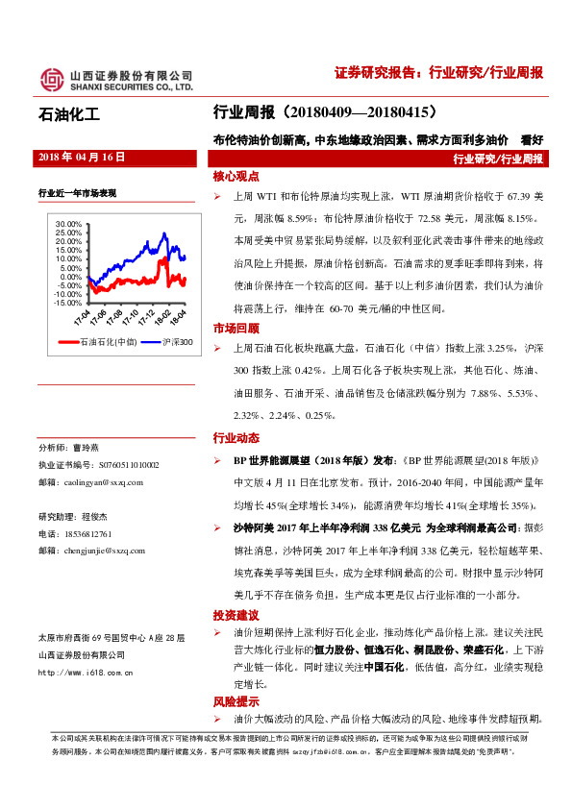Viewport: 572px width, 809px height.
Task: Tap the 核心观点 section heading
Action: click(x=237, y=178)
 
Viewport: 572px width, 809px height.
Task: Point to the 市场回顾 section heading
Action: click(x=237, y=328)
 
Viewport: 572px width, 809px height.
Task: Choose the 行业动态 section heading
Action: click(x=237, y=438)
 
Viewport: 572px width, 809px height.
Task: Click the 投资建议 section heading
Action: click(x=237, y=615)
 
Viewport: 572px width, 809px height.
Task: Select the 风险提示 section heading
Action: click(x=237, y=701)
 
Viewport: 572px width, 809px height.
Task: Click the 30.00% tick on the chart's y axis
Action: click(x=69, y=224)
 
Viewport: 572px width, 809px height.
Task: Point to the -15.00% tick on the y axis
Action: click(x=68, y=302)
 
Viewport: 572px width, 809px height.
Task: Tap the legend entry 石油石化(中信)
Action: click(x=105, y=341)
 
